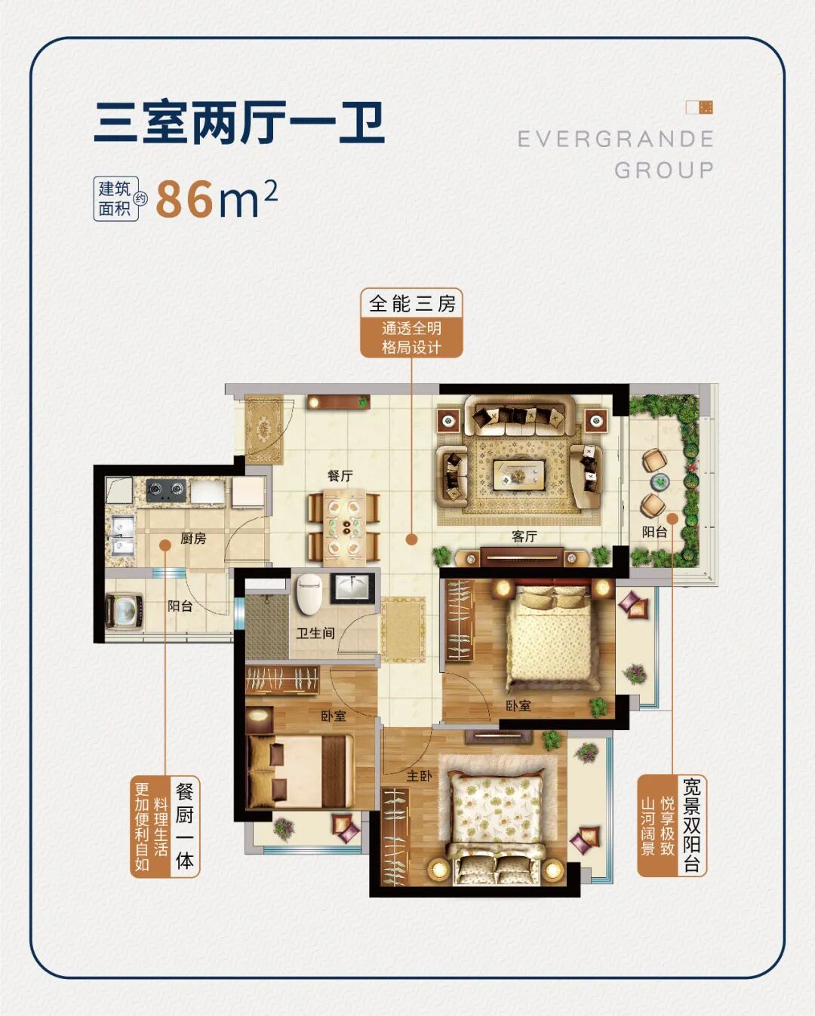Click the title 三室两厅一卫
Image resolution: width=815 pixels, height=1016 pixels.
click(x=240, y=123)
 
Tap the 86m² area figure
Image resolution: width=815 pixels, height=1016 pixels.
click(x=217, y=198)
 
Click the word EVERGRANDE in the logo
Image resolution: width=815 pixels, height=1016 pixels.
click(x=616, y=139)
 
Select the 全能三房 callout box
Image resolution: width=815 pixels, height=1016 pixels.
click(x=411, y=323)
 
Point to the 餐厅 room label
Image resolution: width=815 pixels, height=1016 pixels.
click(x=340, y=476)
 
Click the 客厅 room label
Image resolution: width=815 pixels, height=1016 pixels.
click(x=524, y=536)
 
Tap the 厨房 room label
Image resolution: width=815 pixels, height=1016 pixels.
click(x=193, y=539)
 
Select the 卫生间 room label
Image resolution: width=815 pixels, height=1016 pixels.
click(x=315, y=634)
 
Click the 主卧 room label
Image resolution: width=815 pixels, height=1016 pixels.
click(x=419, y=775)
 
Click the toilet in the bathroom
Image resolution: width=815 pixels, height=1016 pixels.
click(x=309, y=594)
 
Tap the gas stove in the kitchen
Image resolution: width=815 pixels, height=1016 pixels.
click(x=166, y=490)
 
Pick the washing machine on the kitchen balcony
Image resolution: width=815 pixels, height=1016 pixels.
click(x=122, y=610)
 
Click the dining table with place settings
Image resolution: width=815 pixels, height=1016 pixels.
click(x=344, y=526)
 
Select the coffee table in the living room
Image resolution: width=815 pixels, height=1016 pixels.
click(x=518, y=475)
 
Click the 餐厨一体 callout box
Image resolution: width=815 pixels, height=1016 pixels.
click(x=165, y=827)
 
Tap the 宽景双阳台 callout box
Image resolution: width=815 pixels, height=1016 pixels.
click(x=672, y=825)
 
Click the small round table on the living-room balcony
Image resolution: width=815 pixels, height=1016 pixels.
click(x=660, y=481)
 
